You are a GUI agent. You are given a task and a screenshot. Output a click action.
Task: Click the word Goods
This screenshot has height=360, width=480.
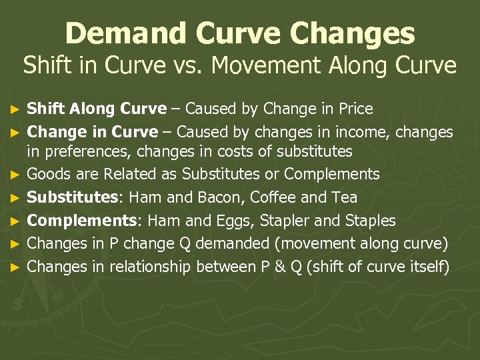[x=47, y=175]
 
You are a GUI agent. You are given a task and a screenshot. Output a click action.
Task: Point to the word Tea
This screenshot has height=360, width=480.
[x=343, y=198]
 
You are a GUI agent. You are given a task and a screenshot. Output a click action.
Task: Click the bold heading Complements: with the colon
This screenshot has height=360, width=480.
[x=81, y=221]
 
